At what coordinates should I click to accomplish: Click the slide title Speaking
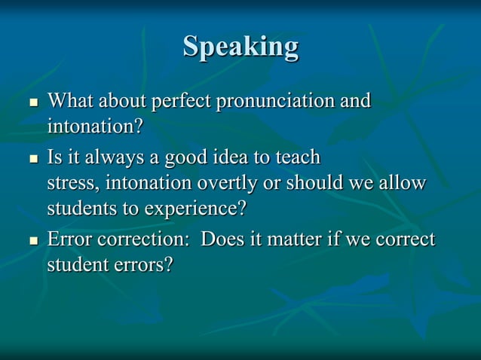point(240,47)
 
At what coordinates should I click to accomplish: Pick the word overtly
point(226,183)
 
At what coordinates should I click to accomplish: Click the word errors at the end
point(148,265)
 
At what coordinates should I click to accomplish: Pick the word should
point(314,183)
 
